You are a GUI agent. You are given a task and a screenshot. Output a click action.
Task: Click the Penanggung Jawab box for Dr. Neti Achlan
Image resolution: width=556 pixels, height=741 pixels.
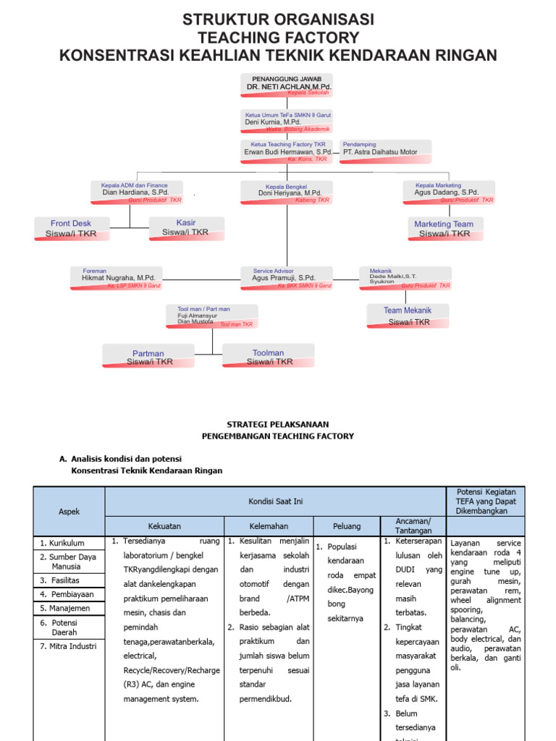click(287, 85)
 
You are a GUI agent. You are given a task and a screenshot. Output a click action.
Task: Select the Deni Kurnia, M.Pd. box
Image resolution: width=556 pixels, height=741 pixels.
click(287, 121)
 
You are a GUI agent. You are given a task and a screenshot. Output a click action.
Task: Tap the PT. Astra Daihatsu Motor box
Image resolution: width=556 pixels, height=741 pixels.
click(385, 151)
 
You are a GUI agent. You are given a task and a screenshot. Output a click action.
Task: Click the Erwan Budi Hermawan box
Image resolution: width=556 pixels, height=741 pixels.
click(287, 151)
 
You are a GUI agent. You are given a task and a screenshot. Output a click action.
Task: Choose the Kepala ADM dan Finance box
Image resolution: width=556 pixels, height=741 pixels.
click(137, 191)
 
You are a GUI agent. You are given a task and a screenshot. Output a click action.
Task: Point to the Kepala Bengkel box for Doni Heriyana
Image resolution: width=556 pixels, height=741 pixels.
click(287, 191)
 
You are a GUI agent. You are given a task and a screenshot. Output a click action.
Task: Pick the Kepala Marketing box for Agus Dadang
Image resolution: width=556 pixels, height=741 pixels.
click(450, 191)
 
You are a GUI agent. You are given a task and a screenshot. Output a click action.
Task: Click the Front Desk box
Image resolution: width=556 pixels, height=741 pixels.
click(71, 228)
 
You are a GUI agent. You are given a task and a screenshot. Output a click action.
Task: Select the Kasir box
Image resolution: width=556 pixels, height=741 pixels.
click(186, 227)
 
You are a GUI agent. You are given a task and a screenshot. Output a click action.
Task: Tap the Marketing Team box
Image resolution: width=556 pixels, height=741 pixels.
click(444, 229)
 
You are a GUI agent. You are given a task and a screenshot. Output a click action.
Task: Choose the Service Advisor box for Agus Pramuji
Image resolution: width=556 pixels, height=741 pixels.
click(287, 277)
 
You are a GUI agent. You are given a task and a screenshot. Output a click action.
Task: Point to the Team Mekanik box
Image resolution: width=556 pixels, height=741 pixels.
click(407, 316)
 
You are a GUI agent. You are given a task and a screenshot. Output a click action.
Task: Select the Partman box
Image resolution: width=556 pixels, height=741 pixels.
click(148, 357)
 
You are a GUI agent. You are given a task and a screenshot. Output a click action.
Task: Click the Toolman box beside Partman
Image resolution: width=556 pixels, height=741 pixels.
click(269, 356)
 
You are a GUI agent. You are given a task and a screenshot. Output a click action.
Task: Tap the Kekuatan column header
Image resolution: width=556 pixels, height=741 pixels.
click(164, 526)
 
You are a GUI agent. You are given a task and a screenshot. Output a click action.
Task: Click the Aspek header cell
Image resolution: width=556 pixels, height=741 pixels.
click(69, 512)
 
